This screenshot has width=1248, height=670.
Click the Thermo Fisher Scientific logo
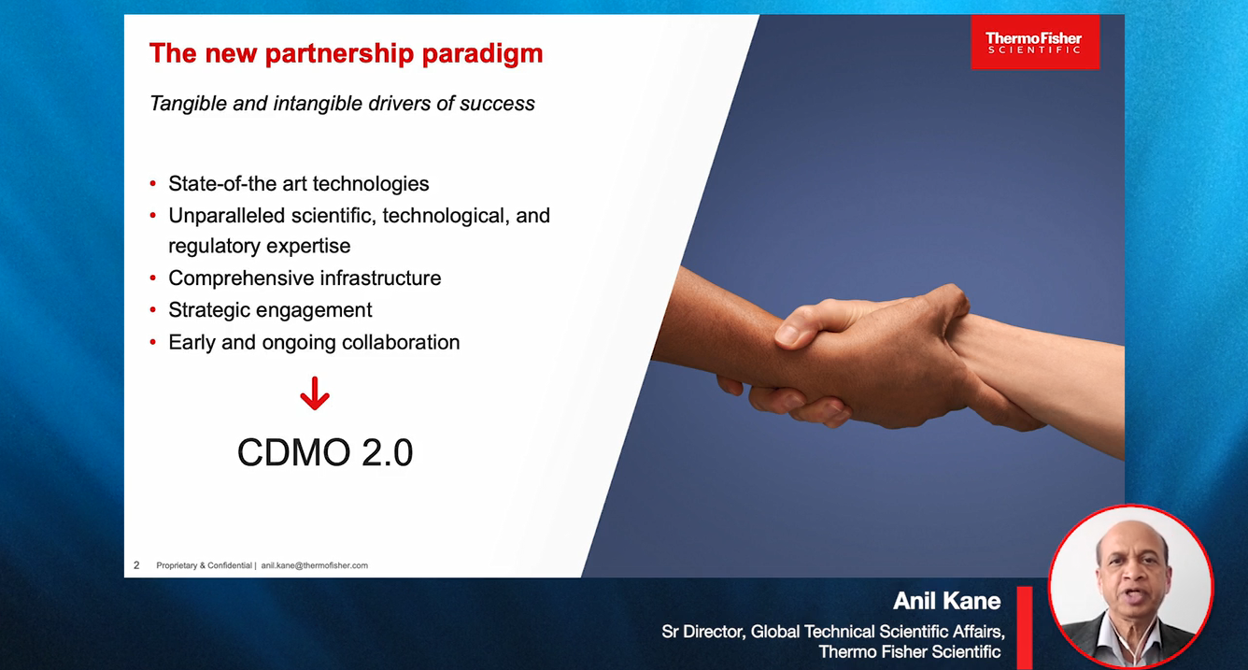(1035, 42)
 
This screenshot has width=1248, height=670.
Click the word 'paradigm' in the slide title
(483, 54)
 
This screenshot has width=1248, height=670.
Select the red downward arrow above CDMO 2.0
(315, 393)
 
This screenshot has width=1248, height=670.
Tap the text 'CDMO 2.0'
(325, 452)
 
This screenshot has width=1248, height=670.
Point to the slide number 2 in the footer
(136, 565)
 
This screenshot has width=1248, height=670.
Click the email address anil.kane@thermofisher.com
(314, 565)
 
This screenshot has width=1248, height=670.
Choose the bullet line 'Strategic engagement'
(270, 310)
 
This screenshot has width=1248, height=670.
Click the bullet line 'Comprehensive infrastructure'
(305, 278)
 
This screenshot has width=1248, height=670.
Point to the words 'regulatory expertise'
(260, 246)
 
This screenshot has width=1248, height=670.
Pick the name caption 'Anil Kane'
(946, 601)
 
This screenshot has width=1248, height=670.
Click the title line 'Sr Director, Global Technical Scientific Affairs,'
(833, 632)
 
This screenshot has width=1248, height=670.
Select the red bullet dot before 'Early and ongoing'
(153, 342)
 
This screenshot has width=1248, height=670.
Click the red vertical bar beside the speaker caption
(1025, 628)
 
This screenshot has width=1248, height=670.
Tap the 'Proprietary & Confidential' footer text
(204, 565)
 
